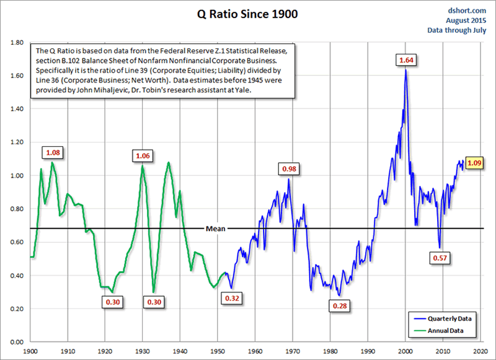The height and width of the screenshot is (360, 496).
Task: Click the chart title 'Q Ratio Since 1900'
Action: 249,14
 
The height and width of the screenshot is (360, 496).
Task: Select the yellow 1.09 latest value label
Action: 474,164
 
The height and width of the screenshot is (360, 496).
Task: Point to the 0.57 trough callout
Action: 442,257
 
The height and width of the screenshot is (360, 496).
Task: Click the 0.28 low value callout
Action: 340,306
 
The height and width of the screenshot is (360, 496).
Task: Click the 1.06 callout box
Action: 143,156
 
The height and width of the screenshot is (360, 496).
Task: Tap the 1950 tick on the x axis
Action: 217,350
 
